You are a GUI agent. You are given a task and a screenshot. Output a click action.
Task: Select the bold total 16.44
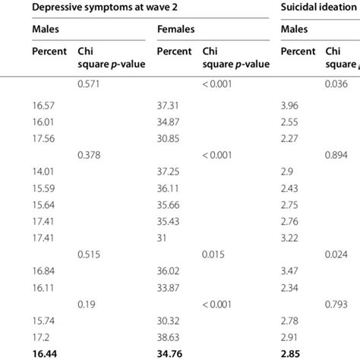(46, 353)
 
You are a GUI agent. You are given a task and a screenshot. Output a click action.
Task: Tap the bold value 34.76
(169, 353)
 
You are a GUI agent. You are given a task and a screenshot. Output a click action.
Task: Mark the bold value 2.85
(292, 353)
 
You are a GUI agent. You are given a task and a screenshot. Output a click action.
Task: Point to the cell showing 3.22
(291, 238)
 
